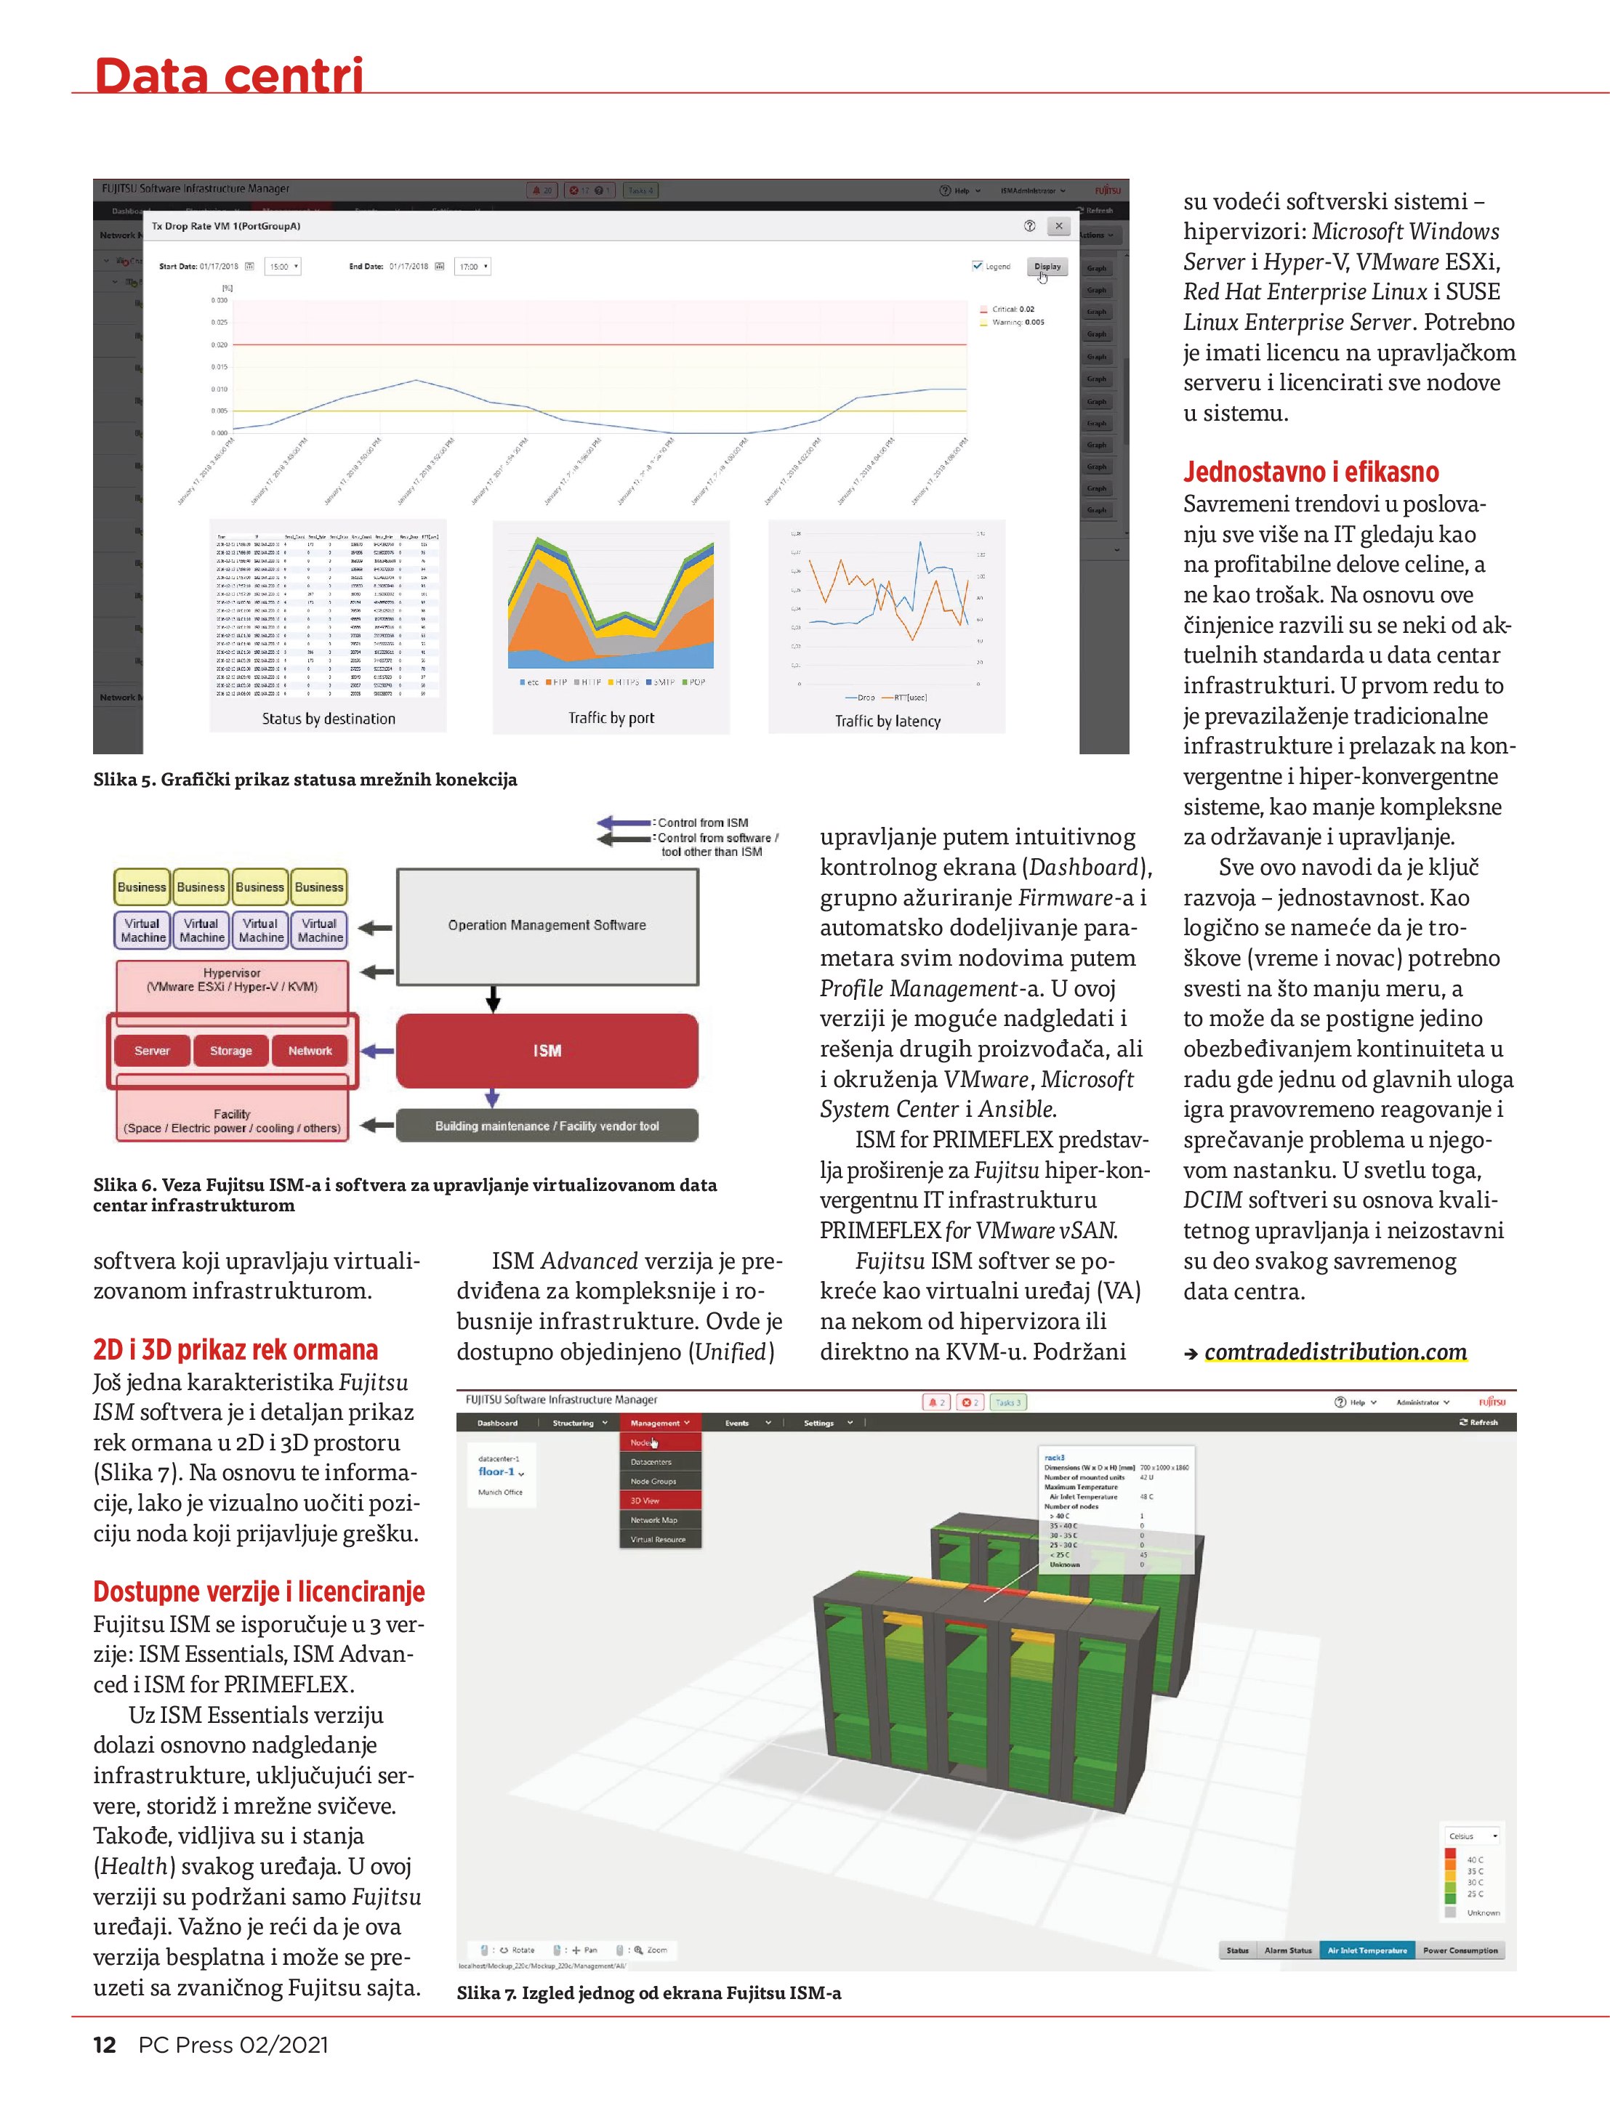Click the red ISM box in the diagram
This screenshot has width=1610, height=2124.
(547, 1051)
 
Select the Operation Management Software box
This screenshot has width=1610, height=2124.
(547, 926)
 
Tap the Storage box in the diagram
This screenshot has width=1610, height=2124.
(230, 1051)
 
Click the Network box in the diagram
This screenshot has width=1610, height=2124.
(310, 1051)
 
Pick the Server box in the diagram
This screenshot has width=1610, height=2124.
(152, 1051)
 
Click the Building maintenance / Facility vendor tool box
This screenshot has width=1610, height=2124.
(547, 1126)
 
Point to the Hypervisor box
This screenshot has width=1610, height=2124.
(232, 980)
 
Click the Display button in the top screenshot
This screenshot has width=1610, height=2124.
(1047, 267)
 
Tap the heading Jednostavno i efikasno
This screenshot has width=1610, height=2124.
(1311, 472)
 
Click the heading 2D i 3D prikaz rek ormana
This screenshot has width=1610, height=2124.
(236, 1350)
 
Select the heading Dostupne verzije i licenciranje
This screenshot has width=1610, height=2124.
(259, 1592)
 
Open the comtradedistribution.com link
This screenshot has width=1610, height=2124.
(1335, 1352)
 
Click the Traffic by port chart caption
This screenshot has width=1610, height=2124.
(611, 717)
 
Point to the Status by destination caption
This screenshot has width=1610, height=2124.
(329, 718)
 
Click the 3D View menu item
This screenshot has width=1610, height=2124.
(645, 1500)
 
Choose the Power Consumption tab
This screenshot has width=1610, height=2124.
(1460, 1950)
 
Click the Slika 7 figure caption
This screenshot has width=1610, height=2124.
(648, 1993)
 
